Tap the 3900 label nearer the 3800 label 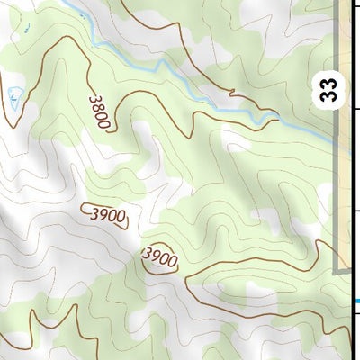pyautogui.click(x=105, y=215)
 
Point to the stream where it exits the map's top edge pyautogui.click(x=67, y=3)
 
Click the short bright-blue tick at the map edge pyautogui.click(x=356, y=301)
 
